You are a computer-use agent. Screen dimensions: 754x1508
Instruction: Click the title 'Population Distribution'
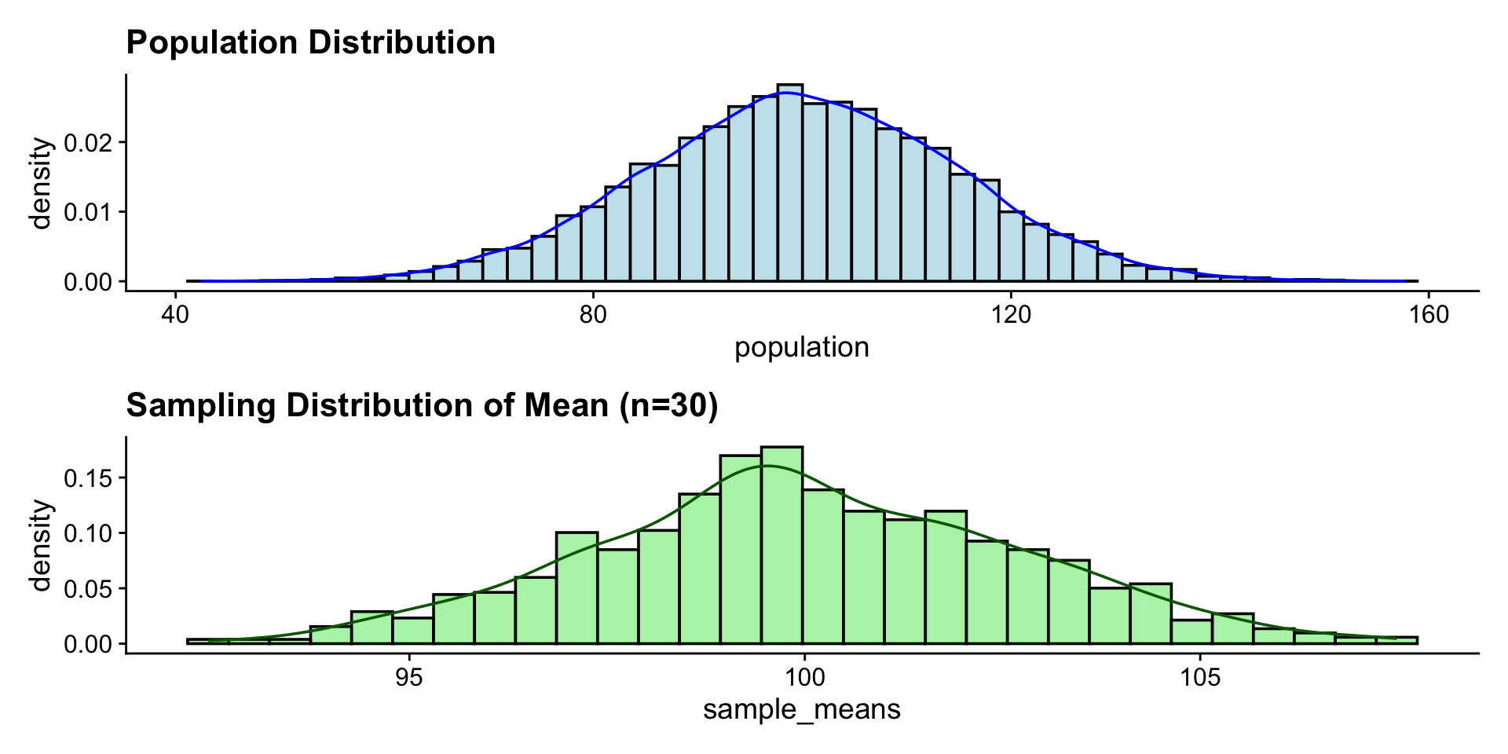pos(310,42)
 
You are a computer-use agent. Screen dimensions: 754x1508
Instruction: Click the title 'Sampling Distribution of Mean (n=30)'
pos(422,405)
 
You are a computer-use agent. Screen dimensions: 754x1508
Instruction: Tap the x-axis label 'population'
pos(801,347)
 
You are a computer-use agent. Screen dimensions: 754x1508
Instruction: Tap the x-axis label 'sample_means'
pos(801,710)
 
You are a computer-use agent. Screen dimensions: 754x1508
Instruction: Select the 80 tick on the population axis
pos(593,315)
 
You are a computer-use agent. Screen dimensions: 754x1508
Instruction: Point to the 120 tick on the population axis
pos(1011,315)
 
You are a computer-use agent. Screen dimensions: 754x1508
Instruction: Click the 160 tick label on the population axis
pos(1429,315)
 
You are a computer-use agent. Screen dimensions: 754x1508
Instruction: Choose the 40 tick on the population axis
pos(175,315)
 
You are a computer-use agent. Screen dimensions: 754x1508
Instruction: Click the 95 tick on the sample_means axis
pos(409,677)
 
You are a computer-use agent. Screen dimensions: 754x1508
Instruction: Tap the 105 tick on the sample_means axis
pos(1200,677)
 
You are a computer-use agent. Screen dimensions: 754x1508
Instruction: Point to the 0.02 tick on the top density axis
pos(90,142)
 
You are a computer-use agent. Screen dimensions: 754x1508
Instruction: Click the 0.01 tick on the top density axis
pos(90,212)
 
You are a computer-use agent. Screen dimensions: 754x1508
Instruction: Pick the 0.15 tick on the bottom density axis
pos(90,478)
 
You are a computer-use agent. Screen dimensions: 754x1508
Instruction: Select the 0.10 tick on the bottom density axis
pos(90,533)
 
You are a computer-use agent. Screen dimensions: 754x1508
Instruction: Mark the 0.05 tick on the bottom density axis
pos(90,588)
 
